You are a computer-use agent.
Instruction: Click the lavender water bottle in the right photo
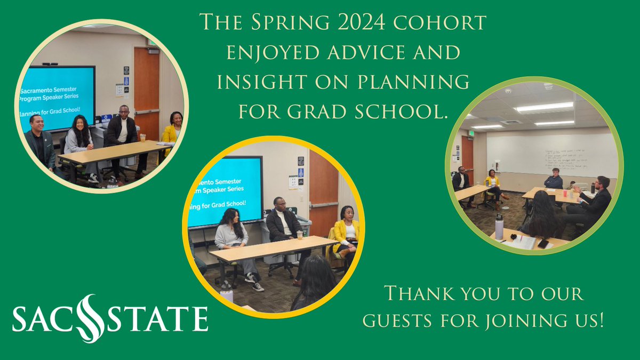[499, 228]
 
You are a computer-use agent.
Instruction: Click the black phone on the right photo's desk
[543, 243]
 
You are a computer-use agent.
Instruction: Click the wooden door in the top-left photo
[146, 91]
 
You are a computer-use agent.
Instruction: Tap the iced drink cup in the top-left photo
[143, 138]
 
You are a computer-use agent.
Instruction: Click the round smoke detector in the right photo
[548, 86]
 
